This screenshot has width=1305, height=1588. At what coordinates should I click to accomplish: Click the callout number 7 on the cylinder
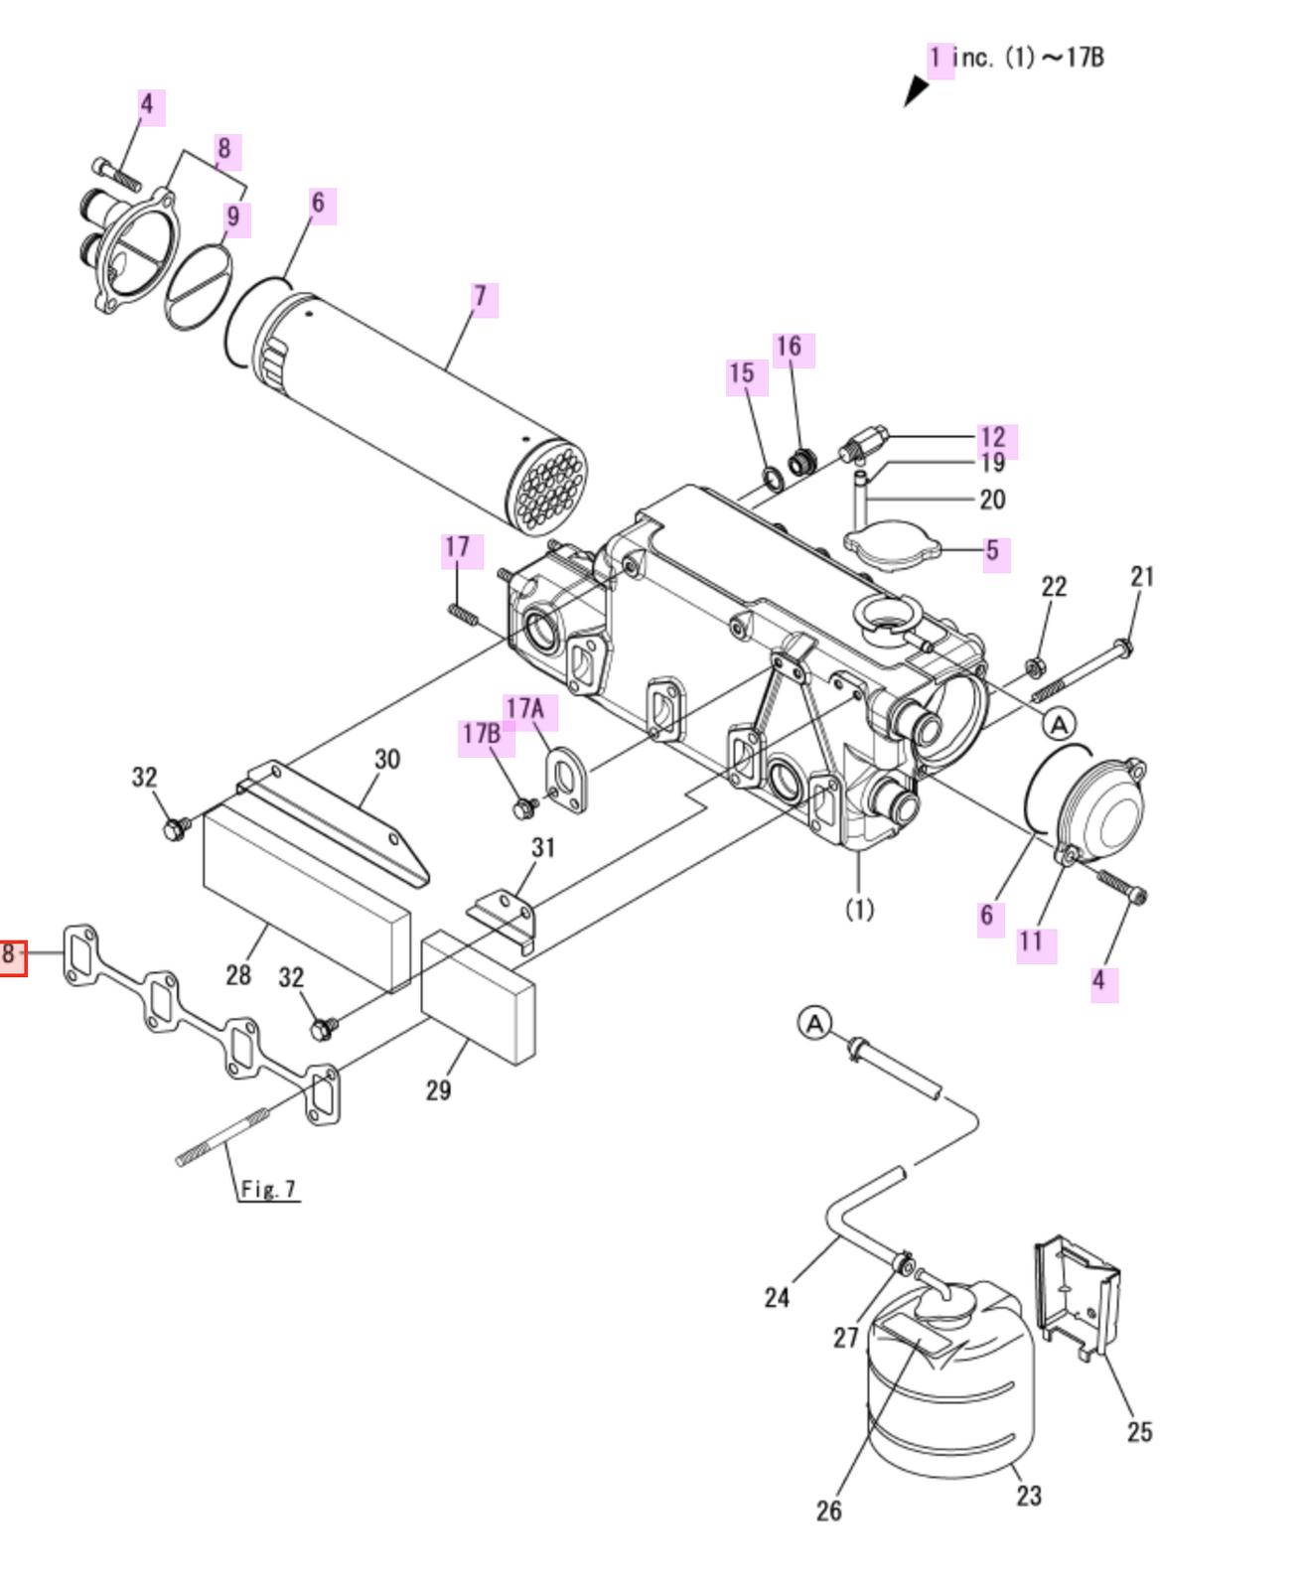482,297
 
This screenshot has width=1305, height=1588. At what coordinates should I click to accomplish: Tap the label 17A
526,709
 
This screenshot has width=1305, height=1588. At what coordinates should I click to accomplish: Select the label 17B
483,735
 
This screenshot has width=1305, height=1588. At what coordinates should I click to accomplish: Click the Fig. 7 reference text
268,1189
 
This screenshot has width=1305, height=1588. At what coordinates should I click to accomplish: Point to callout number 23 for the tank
1029,1495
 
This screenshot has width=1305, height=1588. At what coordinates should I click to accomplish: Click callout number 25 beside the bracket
1139,1431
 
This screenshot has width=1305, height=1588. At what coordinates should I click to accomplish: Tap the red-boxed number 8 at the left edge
11,955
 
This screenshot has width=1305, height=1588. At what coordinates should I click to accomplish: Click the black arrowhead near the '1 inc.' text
915,90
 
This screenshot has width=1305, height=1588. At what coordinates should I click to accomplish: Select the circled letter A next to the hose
815,1023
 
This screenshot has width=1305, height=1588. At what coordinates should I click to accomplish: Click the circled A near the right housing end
1060,724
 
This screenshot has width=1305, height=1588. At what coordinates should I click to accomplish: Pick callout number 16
790,347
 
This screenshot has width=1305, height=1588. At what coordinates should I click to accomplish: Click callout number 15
743,373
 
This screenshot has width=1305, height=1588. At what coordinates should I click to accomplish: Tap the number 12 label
992,437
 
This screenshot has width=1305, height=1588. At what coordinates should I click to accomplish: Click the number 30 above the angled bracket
387,759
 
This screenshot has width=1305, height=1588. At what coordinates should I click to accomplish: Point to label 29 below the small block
438,1089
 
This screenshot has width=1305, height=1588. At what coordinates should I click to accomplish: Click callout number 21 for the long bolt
1142,576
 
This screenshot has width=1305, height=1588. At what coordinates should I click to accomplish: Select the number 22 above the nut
1054,586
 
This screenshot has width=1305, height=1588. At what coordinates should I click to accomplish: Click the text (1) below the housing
859,909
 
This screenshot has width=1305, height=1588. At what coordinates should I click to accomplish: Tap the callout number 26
829,1510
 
